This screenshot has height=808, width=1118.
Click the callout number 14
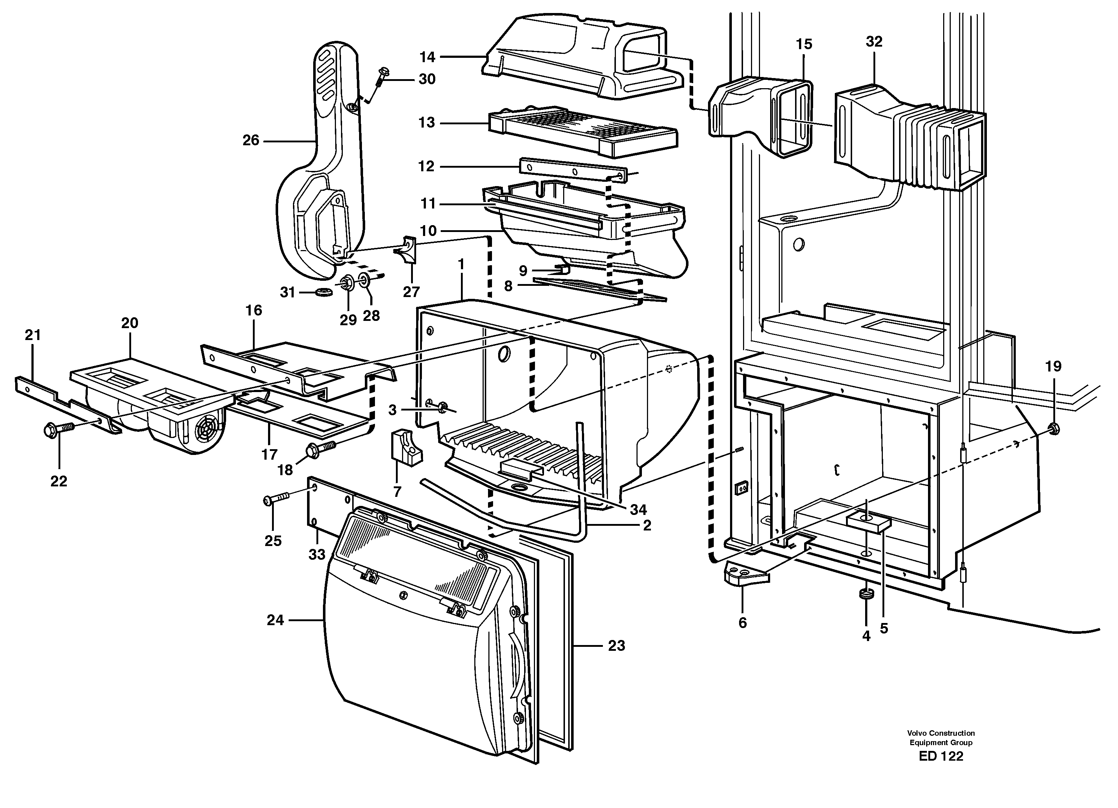[427, 57]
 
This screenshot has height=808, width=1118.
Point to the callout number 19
[1053, 366]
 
